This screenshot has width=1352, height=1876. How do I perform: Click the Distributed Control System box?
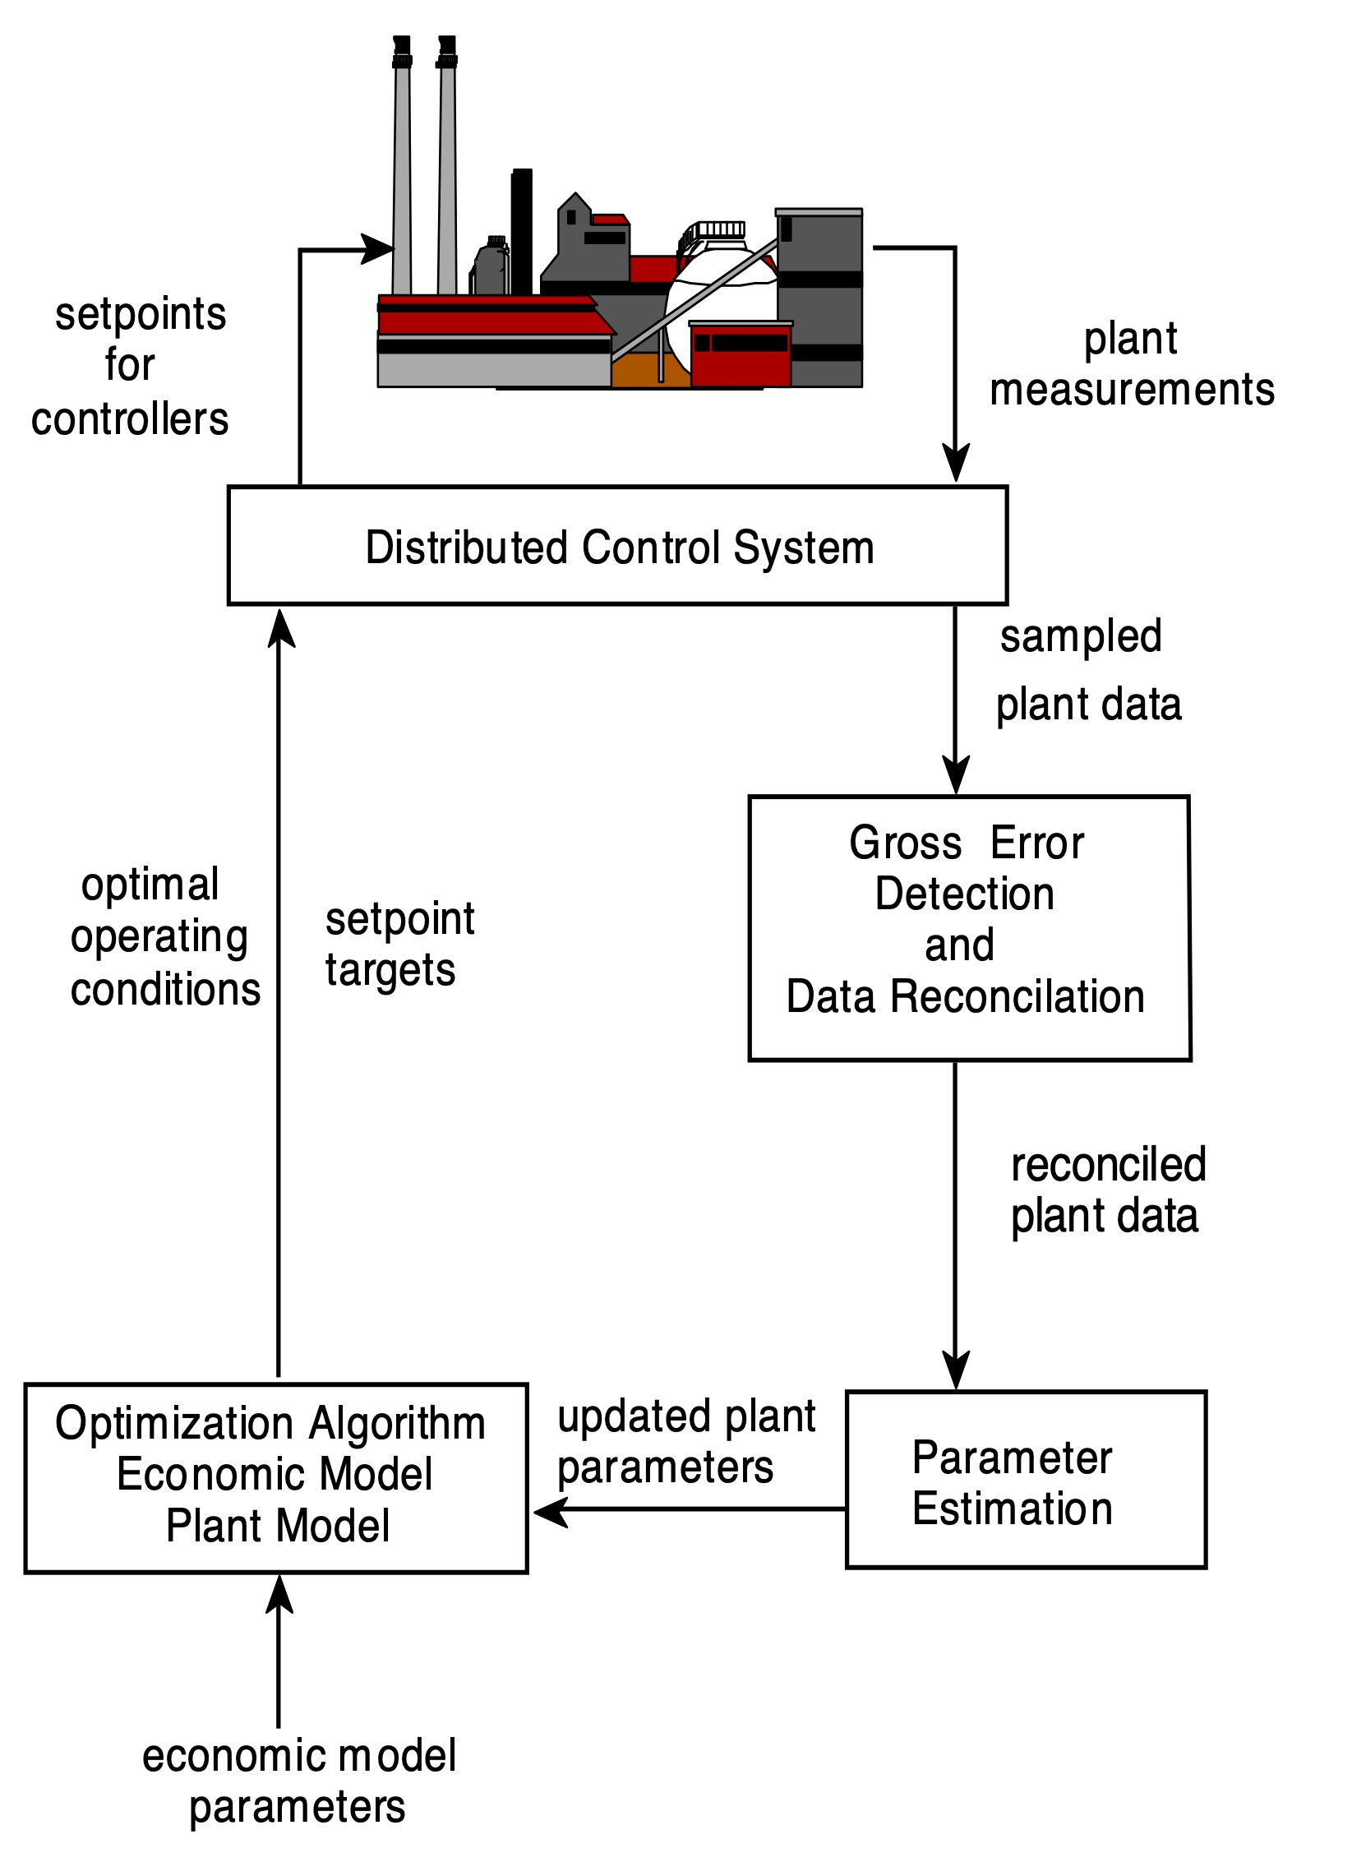tap(617, 547)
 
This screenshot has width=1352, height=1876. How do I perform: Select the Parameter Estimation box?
tap(1026, 1481)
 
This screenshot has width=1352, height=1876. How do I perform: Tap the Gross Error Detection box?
tap(968, 927)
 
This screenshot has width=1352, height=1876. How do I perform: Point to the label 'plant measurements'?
tap(1131, 364)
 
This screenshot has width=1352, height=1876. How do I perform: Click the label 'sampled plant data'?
tap(1087, 670)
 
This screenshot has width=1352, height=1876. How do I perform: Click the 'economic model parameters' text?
tap(298, 1780)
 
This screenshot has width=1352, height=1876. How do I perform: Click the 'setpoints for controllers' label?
tap(132, 366)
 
